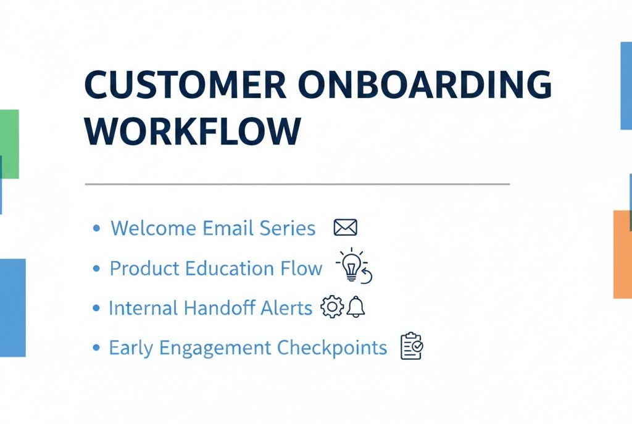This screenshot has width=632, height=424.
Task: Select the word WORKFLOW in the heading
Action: pyautogui.click(x=193, y=130)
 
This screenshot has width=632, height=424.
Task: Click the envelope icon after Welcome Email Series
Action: pyautogui.click(x=345, y=228)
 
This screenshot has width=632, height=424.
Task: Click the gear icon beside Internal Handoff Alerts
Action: pyautogui.click(x=332, y=307)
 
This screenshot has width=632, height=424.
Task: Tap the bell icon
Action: pyautogui.click(x=355, y=307)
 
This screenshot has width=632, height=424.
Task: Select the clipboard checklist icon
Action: pyautogui.click(x=411, y=346)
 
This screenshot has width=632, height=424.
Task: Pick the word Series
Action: pyautogui.click(x=286, y=228)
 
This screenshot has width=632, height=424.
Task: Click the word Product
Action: pyautogui.click(x=144, y=268)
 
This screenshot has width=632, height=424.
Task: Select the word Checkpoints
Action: pyautogui.click(x=332, y=347)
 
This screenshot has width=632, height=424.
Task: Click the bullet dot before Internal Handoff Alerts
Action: pyautogui.click(x=96, y=308)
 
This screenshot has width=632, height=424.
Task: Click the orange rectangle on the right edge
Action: pyautogui.click(x=622, y=254)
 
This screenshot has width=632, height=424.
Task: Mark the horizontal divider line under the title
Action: pyautogui.click(x=296, y=184)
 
